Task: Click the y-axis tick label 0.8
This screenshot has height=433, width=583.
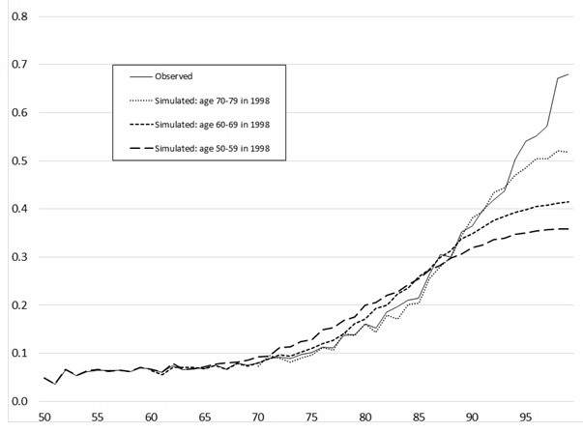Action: (x=17, y=16)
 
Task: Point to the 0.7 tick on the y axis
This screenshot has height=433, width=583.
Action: (x=17, y=65)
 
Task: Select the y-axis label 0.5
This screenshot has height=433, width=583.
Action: (x=17, y=160)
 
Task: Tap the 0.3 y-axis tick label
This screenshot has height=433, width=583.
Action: (x=17, y=257)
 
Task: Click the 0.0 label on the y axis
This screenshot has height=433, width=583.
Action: (x=17, y=402)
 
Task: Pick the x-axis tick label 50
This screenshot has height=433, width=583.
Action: (x=44, y=419)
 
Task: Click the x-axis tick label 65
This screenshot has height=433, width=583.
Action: (x=204, y=419)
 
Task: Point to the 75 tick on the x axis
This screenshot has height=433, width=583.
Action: (x=310, y=419)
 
